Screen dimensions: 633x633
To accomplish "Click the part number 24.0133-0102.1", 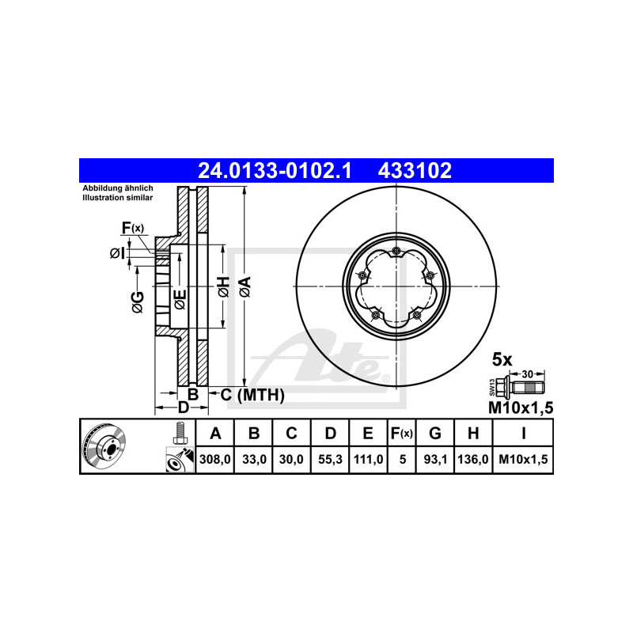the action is click(275, 170).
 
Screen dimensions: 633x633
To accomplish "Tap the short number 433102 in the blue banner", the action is click(415, 170).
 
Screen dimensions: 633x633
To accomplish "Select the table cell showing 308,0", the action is click(214, 460).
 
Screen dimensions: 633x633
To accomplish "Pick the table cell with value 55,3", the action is click(330, 460).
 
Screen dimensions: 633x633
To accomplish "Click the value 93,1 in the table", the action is click(435, 460).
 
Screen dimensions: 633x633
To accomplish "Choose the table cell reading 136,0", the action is click(473, 460).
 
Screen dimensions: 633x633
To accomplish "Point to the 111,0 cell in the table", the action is click(368, 460).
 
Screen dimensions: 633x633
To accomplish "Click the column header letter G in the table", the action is click(435, 433).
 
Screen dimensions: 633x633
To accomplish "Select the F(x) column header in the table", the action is click(402, 433).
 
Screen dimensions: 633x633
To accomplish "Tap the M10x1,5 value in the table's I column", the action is click(523, 460).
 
